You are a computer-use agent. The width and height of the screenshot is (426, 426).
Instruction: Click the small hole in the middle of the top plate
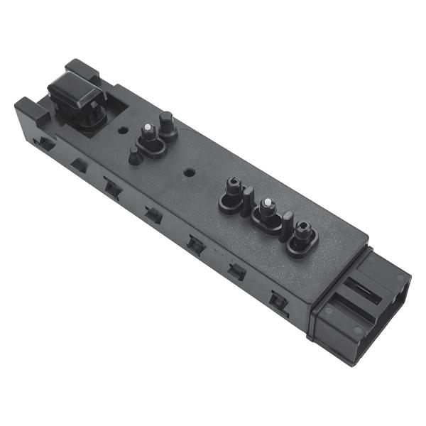pos(188,171)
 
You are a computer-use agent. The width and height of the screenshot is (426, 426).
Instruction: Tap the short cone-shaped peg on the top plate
pos(134,156)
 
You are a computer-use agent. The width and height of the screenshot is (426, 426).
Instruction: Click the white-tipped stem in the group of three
pos(267,207)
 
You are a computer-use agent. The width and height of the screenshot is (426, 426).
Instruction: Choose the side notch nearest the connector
pos(278,301)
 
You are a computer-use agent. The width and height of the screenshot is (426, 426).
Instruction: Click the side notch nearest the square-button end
pos(45,143)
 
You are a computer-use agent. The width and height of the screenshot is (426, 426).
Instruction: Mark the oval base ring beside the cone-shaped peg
pos(151,147)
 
